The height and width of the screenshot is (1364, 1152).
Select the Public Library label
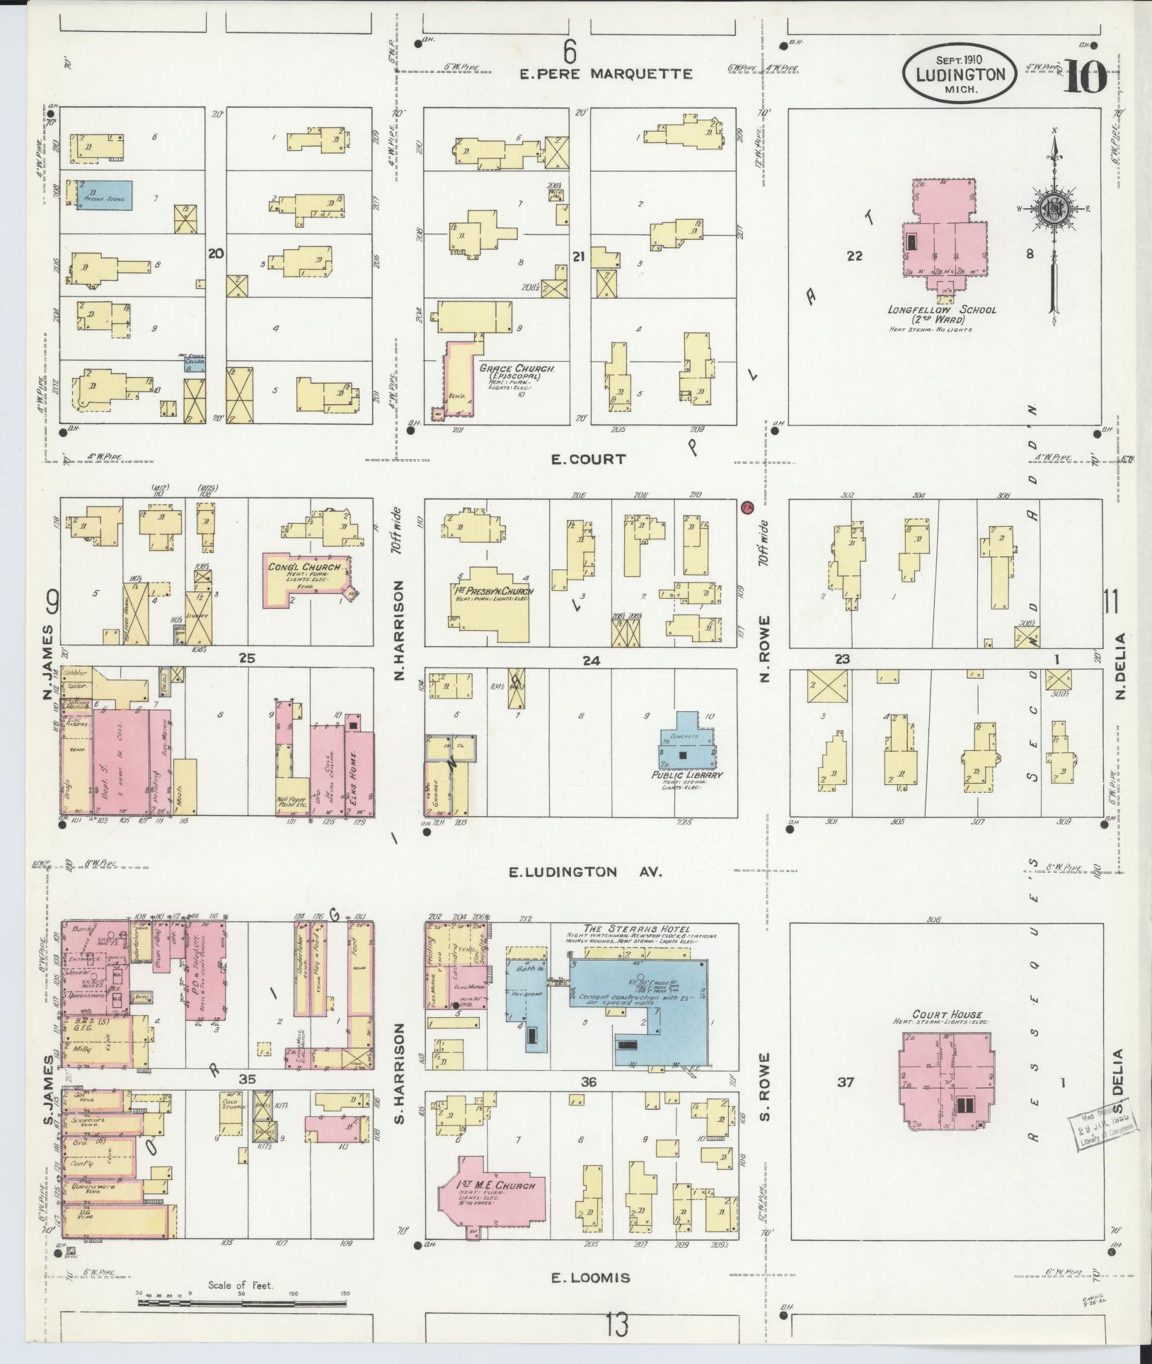pyautogui.click(x=687, y=775)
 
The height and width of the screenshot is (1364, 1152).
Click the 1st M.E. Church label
pyautogui.click(x=495, y=1186)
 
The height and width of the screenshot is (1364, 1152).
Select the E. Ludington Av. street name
pyautogui.click(x=585, y=872)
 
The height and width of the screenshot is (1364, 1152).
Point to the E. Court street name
pyautogui.click(x=588, y=459)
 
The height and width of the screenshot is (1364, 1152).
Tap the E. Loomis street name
pyautogui.click(x=590, y=1278)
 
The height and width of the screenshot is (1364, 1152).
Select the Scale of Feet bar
pyautogui.click(x=241, y=1301)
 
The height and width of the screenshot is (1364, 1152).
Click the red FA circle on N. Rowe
pyautogui.click(x=747, y=507)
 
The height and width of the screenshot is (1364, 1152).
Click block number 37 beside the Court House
pyautogui.click(x=845, y=1101)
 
